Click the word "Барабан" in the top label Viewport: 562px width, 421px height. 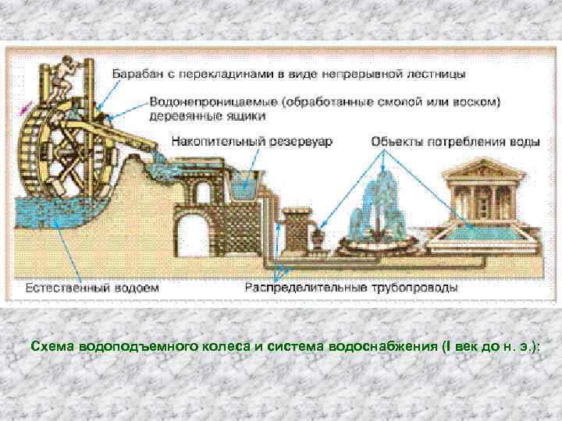coord(139,74)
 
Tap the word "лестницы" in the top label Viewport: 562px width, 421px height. coord(438,74)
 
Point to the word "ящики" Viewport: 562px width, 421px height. coord(246,115)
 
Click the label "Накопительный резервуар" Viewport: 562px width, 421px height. coord(240,143)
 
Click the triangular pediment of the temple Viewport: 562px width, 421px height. coord(483,167)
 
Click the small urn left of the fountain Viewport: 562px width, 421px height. coord(320,235)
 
